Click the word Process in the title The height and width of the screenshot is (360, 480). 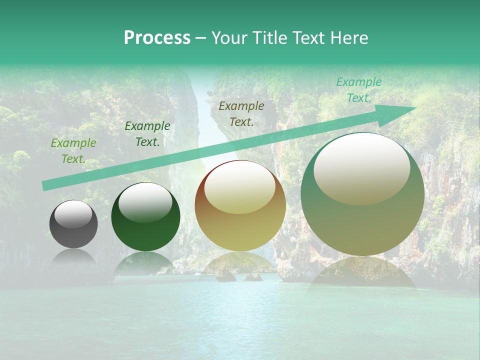point(157,38)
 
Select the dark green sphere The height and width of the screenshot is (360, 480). point(145,217)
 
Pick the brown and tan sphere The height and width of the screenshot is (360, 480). point(240,205)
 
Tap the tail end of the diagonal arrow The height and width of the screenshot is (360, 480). point(44,186)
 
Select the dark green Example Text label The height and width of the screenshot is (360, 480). point(147,134)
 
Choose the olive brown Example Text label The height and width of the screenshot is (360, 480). point(241,114)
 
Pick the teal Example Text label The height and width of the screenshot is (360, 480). point(358,90)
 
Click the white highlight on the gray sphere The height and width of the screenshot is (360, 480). point(73,214)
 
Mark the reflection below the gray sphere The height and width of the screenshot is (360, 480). point(73,257)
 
